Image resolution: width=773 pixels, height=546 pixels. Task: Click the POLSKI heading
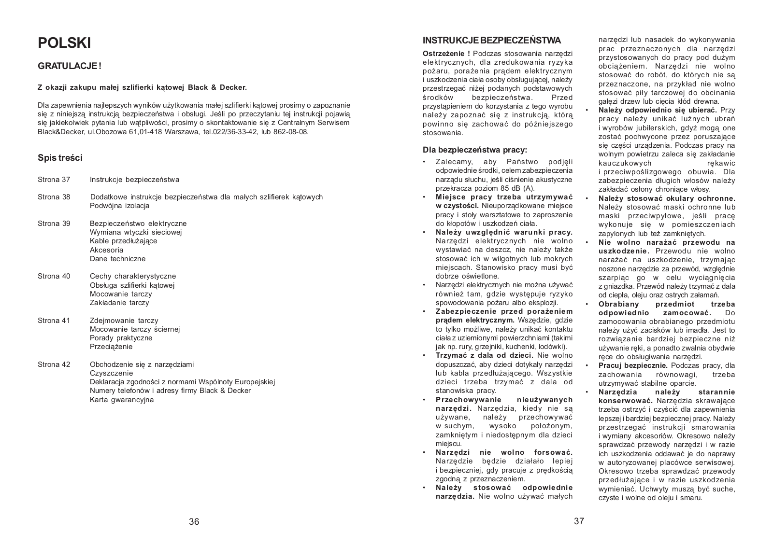click(64, 43)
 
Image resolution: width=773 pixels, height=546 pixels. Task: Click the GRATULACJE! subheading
click(70, 66)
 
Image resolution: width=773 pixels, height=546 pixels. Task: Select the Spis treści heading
click(60, 158)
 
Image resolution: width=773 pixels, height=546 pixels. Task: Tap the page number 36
click(194, 521)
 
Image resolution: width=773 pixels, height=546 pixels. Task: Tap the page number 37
click(579, 521)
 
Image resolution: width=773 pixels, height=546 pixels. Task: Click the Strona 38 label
click(54, 197)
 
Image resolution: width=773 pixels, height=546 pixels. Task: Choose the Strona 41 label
click(54, 321)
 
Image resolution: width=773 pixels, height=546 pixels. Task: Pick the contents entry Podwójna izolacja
click(119, 206)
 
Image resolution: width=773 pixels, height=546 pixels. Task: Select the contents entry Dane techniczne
click(114, 259)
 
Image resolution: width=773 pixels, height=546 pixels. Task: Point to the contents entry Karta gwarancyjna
click(121, 400)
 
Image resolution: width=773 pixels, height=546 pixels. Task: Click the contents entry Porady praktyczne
click(121, 338)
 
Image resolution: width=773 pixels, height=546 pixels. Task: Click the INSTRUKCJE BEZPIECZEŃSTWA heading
click(491, 40)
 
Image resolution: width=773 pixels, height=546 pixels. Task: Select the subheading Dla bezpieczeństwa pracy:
click(475, 150)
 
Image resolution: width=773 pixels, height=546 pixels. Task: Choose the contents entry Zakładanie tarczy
click(119, 303)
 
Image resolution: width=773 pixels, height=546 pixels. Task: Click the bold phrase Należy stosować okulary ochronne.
click(667, 198)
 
